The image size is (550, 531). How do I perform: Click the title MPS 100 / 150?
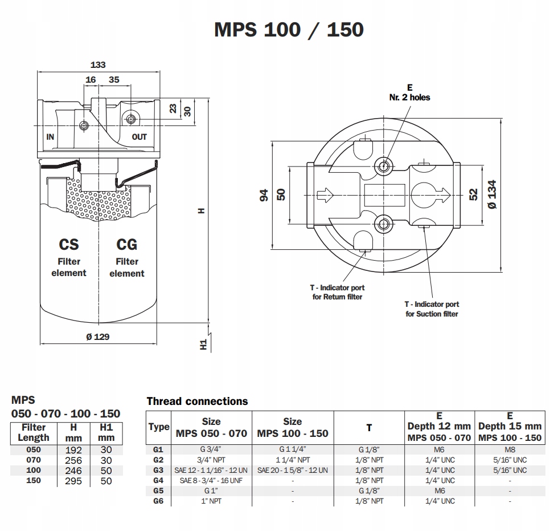pyautogui.click(x=289, y=30)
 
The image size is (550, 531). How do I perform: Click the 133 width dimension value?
pyautogui.click(x=98, y=64)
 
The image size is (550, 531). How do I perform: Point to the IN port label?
pyautogui.click(x=50, y=137)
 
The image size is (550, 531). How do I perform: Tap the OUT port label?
pyautogui.click(x=139, y=137)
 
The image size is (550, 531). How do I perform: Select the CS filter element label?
pyautogui.click(x=69, y=258)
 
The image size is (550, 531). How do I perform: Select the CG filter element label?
pyautogui.click(x=126, y=258)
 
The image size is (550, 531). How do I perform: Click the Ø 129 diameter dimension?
pyautogui.click(x=98, y=337)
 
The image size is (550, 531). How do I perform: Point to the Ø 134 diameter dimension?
pyautogui.click(x=492, y=194)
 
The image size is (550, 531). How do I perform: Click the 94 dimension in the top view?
pyautogui.click(x=264, y=195)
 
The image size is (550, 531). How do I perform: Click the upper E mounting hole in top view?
pyautogui.click(x=383, y=165)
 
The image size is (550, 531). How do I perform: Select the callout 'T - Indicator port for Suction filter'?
pyautogui.click(x=432, y=309)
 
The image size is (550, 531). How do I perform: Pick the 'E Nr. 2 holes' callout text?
pyautogui.click(x=410, y=92)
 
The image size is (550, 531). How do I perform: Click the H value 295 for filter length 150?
pyautogui.click(x=73, y=481)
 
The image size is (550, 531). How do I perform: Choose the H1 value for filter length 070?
pyautogui.click(x=106, y=460)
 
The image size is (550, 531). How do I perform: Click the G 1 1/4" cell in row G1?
pyautogui.click(x=293, y=449)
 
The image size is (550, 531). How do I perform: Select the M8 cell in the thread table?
pyautogui.click(x=510, y=449)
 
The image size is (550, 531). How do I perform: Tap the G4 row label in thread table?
pyautogui.click(x=158, y=480)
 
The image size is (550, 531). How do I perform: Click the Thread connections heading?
pyautogui.click(x=197, y=401)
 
